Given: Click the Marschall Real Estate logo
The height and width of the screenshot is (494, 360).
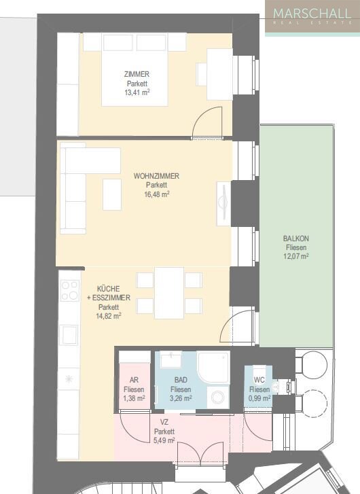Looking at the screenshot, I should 312,16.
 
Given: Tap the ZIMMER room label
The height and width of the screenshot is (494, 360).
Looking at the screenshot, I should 137,74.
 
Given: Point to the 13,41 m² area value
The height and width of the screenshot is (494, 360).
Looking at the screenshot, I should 137,92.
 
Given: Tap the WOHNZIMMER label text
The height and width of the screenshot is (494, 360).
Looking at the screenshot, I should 156,176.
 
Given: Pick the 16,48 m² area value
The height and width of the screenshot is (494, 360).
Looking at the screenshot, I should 156,194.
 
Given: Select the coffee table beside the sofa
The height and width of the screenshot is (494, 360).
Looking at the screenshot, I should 112,194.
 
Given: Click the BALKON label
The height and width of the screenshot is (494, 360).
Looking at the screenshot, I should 296,239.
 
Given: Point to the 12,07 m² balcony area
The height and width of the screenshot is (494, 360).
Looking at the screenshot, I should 296,256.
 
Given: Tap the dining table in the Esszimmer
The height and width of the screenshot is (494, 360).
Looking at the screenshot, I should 169,292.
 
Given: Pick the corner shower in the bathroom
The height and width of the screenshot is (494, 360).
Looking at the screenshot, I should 214,368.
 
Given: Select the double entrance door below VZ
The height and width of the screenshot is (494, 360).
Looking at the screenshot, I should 199,453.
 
